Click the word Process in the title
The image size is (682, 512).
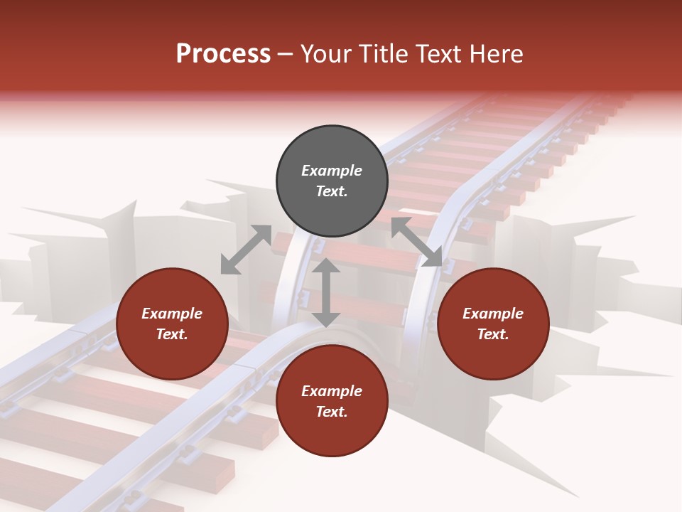(223, 54)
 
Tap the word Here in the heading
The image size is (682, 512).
(495, 54)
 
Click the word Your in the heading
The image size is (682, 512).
(328, 54)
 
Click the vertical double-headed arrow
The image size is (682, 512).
(326, 292)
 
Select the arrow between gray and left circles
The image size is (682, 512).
(246, 250)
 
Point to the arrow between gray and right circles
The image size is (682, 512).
(416, 242)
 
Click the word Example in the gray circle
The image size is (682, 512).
(332, 171)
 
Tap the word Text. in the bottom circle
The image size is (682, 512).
(332, 412)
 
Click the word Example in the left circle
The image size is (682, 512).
(172, 314)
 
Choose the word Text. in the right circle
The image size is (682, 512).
(493, 334)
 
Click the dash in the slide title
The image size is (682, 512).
(286, 54)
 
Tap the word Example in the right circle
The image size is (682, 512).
(493, 314)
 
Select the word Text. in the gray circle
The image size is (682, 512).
(332, 191)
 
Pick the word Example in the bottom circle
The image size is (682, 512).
(332, 391)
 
